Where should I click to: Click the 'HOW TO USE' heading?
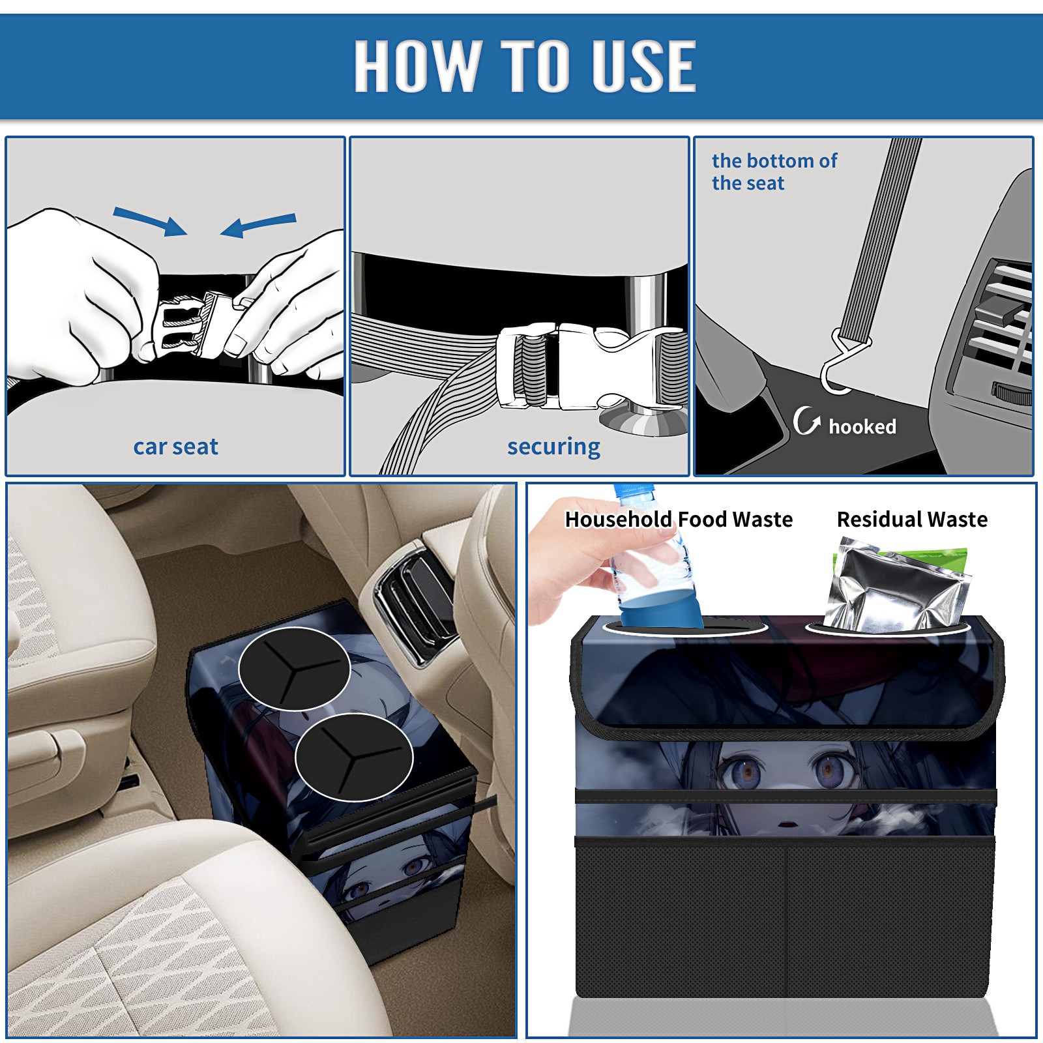coord(525,65)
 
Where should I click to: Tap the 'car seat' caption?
coord(175,447)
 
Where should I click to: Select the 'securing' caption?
coord(553,447)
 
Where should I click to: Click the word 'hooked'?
coord(862,426)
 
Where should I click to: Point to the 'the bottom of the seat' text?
coord(774,172)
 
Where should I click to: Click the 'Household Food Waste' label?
coord(679,519)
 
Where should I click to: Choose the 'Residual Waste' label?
coord(912,519)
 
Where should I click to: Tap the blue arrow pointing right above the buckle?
coord(150,221)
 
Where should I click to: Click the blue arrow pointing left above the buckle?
coord(258,226)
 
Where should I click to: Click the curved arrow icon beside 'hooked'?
coord(806,420)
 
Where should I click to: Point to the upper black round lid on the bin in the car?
coord(295,669)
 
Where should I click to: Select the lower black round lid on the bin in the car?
coord(354,757)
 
